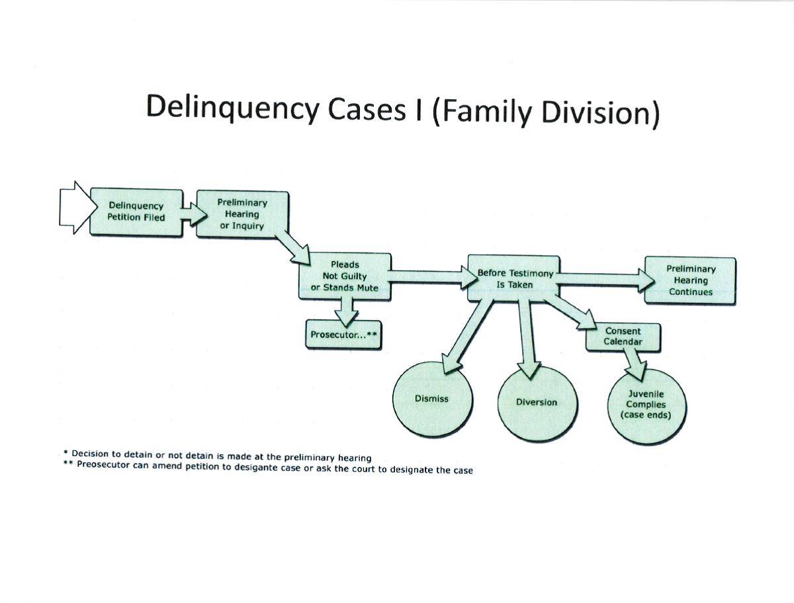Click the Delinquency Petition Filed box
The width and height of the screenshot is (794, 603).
click(x=136, y=212)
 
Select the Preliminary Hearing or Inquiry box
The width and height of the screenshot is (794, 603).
click(x=242, y=214)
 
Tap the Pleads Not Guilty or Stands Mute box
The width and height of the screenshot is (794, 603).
click(x=344, y=276)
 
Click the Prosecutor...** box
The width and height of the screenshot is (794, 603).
click(x=343, y=335)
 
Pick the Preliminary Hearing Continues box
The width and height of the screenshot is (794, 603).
click(x=690, y=280)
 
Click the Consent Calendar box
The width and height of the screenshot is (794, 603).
click(x=623, y=337)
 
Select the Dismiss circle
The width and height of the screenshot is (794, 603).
click(x=431, y=399)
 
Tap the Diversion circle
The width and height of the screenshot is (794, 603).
click(x=537, y=402)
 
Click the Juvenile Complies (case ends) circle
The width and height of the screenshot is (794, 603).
click(x=646, y=405)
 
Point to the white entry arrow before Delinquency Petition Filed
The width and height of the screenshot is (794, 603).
click(x=73, y=207)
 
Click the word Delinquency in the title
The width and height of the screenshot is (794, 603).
click(x=232, y=108)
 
